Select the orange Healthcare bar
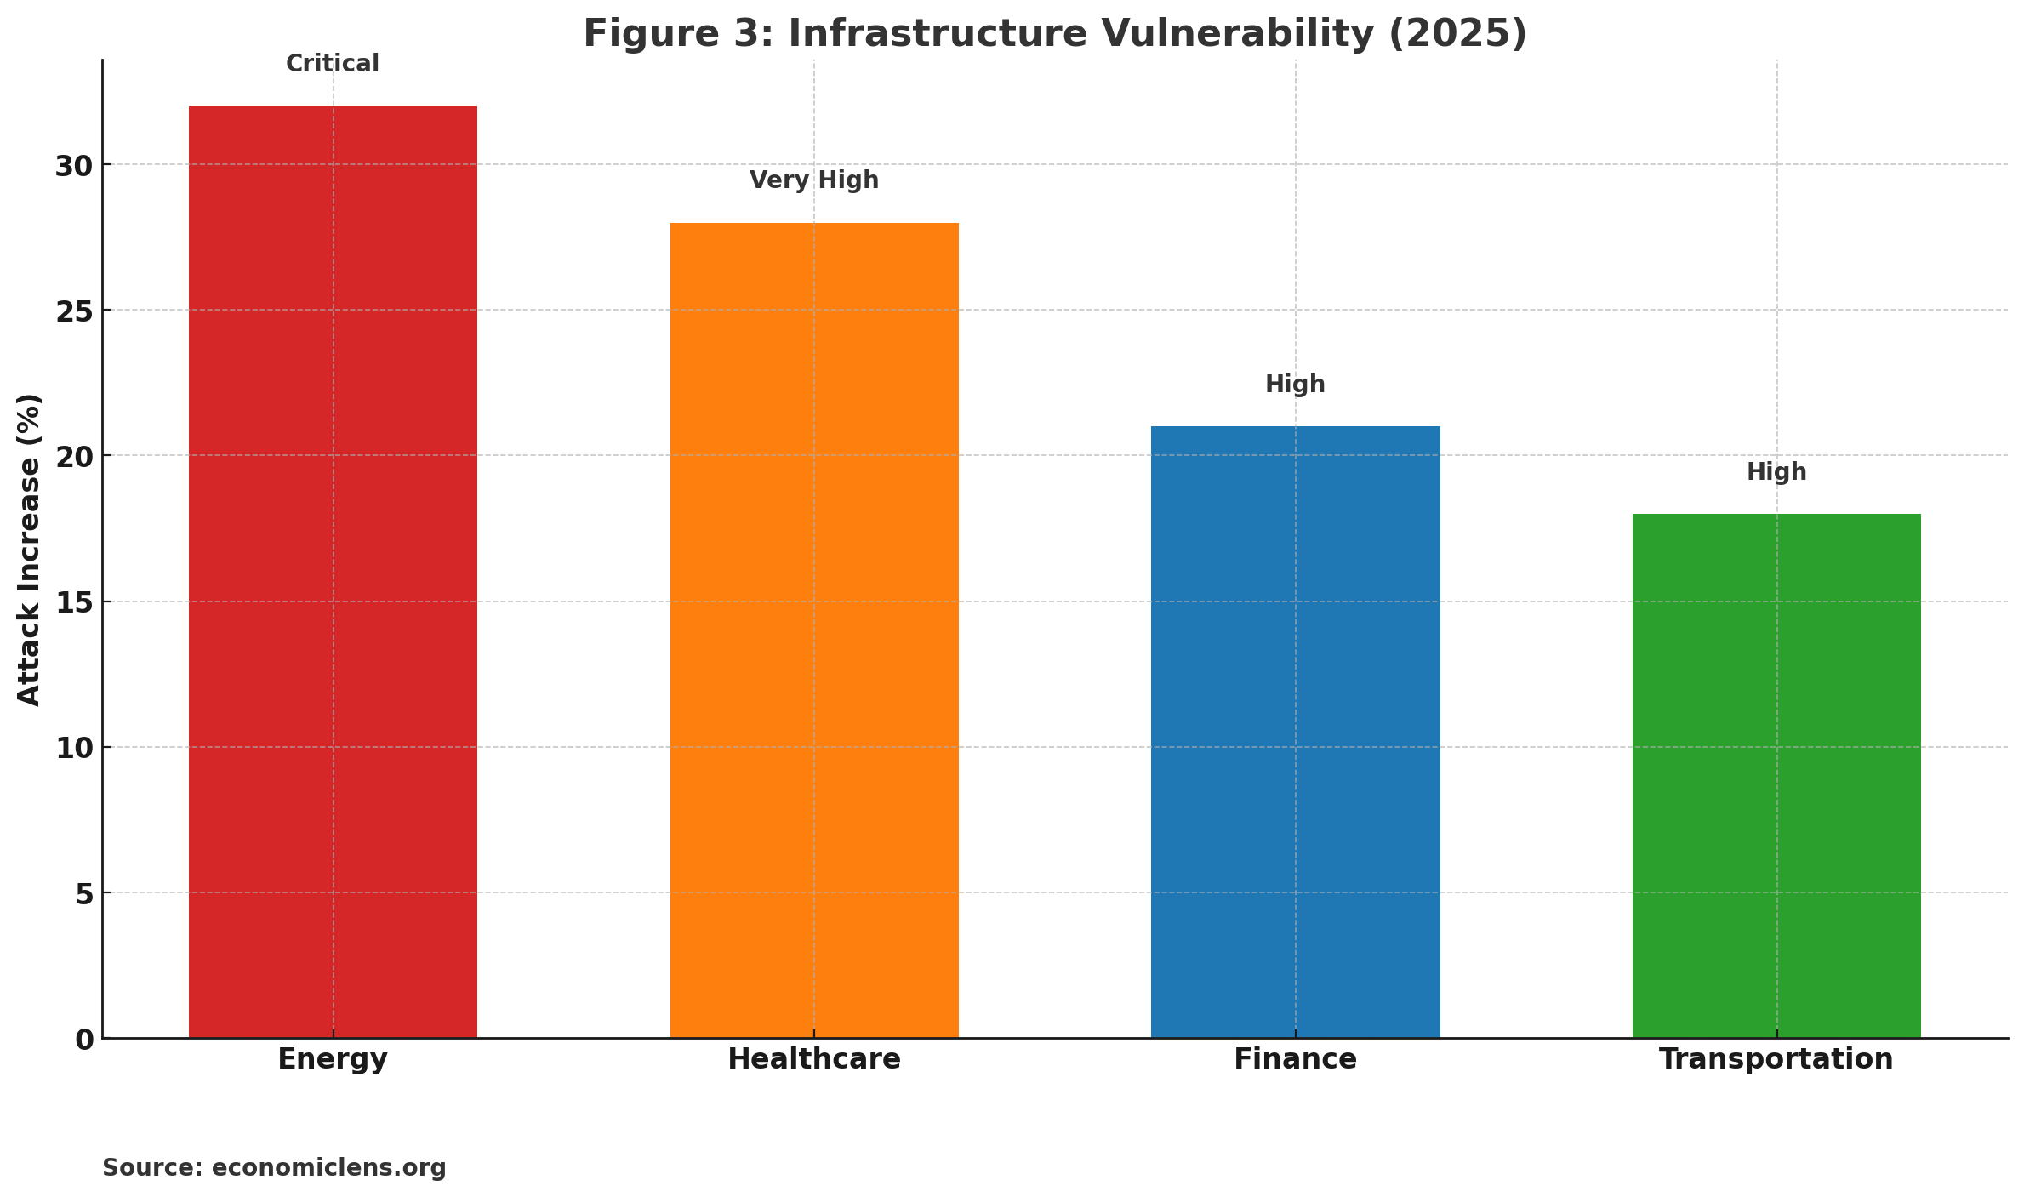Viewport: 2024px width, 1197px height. (x=814, y=630)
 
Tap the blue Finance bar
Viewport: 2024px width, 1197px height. (x=1295, y=732)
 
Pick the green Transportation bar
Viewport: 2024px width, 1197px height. (x=1776, y=775)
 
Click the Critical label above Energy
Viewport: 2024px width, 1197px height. (x=333, y=64)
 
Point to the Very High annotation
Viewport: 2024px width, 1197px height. (x=814, y=180)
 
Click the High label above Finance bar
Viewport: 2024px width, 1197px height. (x=1295, y=385)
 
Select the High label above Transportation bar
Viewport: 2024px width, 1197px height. (x=1776, y=472)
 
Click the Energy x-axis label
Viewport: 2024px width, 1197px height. (x=333, y=1059)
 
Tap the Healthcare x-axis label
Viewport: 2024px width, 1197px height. (x=814, y=1059)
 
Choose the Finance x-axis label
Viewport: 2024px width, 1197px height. (x=1295, y=1059)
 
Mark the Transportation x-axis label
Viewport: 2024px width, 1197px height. (x=1776, y=1059)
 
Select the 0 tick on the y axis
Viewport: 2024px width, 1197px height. (x=84, y=1040)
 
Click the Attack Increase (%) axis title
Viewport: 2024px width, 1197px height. (x=30, y=550)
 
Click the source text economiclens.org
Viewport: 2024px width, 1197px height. (x=328, y=1167)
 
